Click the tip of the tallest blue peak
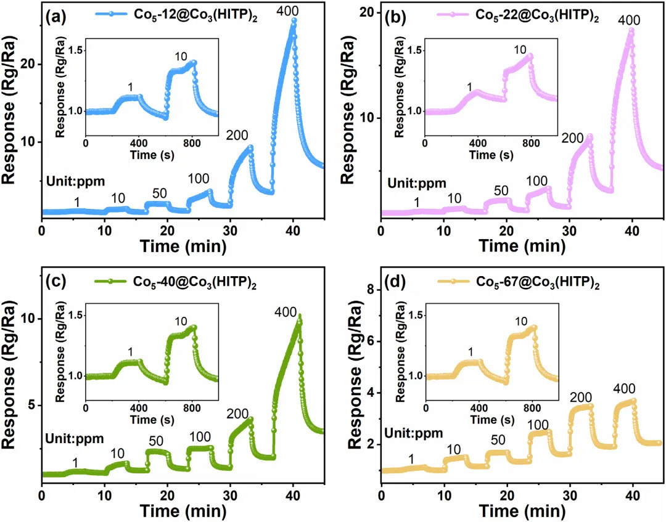pos(294,20)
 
